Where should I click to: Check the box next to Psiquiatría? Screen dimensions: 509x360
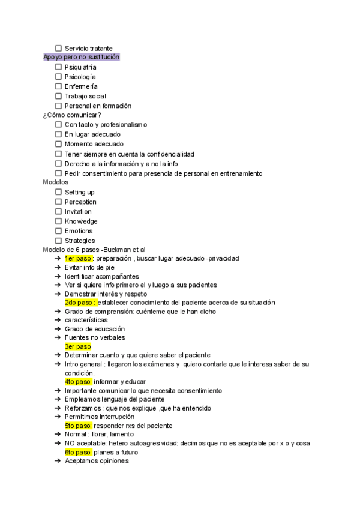(x=58, y=67)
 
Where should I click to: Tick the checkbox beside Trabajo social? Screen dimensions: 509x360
(x=58, y=96)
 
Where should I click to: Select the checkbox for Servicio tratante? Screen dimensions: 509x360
(x=58, y=48)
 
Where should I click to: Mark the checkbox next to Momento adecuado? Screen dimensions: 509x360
(x=58, y=144)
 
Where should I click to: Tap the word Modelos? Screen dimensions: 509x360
(x=56, y=182)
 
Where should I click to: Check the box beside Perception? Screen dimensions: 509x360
(x=58, y=202)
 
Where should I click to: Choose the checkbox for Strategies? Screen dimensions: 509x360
(x=58, y=241)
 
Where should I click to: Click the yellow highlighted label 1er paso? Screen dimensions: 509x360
(x=79, y=258)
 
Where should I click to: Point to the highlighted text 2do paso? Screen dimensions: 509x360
(x=80, y=303)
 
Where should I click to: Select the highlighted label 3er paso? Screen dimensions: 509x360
(x=78, y=346)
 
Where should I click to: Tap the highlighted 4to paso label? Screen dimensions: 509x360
(x=79, y=381)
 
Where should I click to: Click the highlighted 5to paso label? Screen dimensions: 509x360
(x=79, y=426)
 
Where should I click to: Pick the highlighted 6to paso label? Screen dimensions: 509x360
(x=79, y=452)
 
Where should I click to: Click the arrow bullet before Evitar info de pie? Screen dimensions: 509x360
(x=57, y=267)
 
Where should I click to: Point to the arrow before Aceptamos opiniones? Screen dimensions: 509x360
(x=57, y=461)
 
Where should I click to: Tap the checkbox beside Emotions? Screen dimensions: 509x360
(x=58, y=231)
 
